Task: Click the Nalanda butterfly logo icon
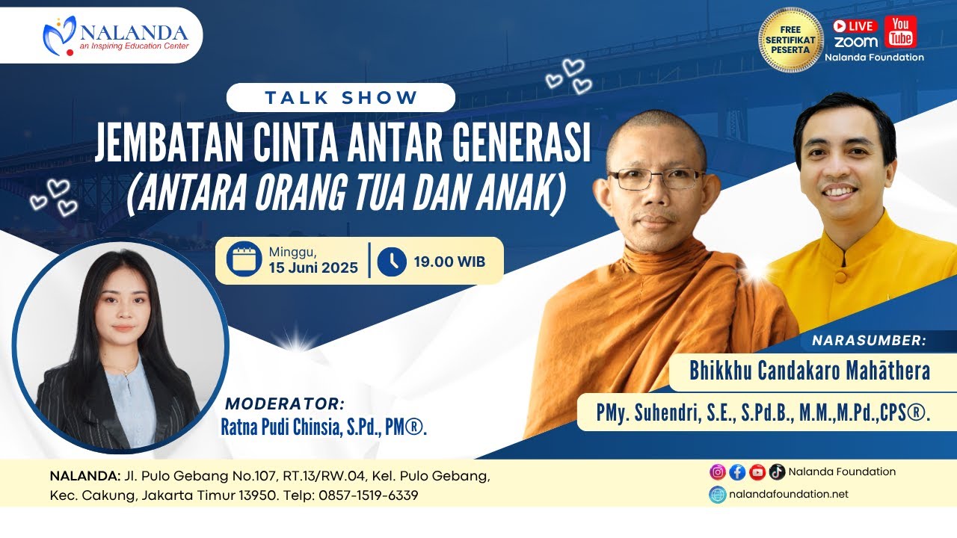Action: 60,36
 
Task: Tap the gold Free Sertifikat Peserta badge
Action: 790,40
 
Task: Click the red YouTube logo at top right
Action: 901,32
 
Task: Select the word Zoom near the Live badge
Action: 856,43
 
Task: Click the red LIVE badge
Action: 855,26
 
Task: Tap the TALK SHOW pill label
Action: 341,98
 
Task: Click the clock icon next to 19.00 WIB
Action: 392,262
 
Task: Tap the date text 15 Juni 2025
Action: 313,268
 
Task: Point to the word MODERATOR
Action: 285,403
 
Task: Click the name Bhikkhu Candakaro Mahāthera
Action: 810,371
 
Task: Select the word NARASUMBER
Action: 869,340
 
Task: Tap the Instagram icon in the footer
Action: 718,471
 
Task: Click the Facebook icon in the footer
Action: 737,471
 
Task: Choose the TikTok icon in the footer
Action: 777,471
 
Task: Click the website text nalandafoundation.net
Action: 789,494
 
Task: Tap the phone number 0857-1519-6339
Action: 369,495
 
